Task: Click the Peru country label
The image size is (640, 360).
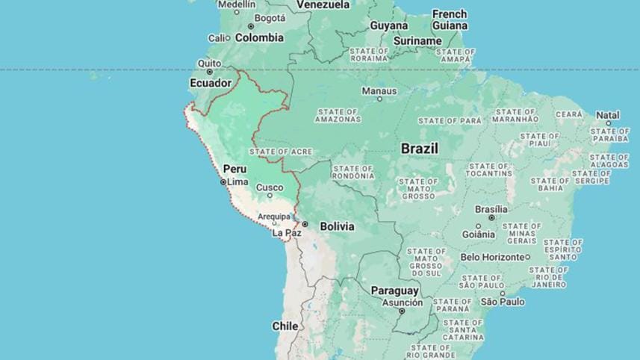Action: pyautogui.click(x=234, y=169)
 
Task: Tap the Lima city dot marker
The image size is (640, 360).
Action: pyautogui.click(x=223, y=181)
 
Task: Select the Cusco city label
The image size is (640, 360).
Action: pyautogui.click(x=270, y=187)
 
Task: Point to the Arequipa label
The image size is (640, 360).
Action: pyautogui.click(x=273, y=217)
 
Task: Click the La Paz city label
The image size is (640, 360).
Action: pyautogui.click(x=287, y=233)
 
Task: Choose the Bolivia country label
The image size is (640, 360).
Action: pyautogui.click(x=337, y=226)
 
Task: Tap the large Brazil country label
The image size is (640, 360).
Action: pyautogui.click(x=419, y=149)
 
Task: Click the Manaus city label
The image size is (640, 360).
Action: pyautogui.click(x=379, y=90)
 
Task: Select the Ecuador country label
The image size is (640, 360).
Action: pyautogui.click(x=211, y=83)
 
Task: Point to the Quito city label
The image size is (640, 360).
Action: pyautogui.click(x=209, y=63)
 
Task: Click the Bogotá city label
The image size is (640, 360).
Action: pyautogui.click(x=270, y=18)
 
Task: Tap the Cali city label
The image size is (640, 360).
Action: pyautogui.click(x=217, y=38)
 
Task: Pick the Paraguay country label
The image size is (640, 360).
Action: pyautogui.click(x=395, y=291)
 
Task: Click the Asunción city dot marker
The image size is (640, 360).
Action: pyautogui.click(x=401, y=311)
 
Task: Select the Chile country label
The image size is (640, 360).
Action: pyautogui.click(x=285, y=326)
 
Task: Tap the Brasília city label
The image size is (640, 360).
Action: pyautogui.click(x=491, y=209)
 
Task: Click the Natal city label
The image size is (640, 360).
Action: pyautogui.click(x=608, y=115)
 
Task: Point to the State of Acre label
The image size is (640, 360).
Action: pyautogui.click(x=281, y=152)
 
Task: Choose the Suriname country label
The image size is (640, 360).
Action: pyautogui.click(x=417, y=40)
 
